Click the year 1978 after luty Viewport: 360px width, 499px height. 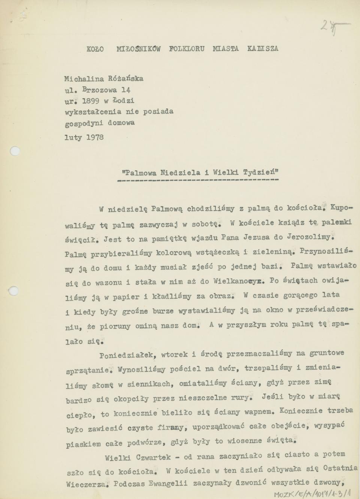coord(95,137)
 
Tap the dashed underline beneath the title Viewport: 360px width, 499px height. coord(198,180)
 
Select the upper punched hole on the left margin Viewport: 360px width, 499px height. coord(14,151)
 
